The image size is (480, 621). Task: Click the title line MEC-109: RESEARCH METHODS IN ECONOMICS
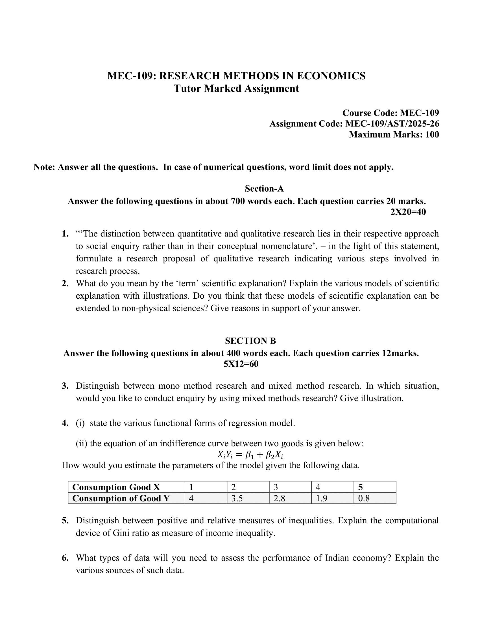tap(236, 76)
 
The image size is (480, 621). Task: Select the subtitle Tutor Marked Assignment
tap(236, 88)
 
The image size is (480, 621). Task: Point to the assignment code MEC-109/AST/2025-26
tap(392, 124)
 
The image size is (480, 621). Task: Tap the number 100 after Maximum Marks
tap(432, 134)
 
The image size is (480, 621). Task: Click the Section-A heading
tap(264, 189)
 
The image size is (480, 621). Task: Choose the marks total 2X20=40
tap(408, 212)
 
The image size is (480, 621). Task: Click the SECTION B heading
tap(250, 341)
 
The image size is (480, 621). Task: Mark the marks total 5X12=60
tap(241, 364)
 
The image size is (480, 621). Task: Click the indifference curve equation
tap(250, 455)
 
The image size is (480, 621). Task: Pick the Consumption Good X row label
tap(116, 487)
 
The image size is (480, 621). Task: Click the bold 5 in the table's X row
tap(361, 487)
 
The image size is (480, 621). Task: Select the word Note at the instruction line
tap(44, 167)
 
